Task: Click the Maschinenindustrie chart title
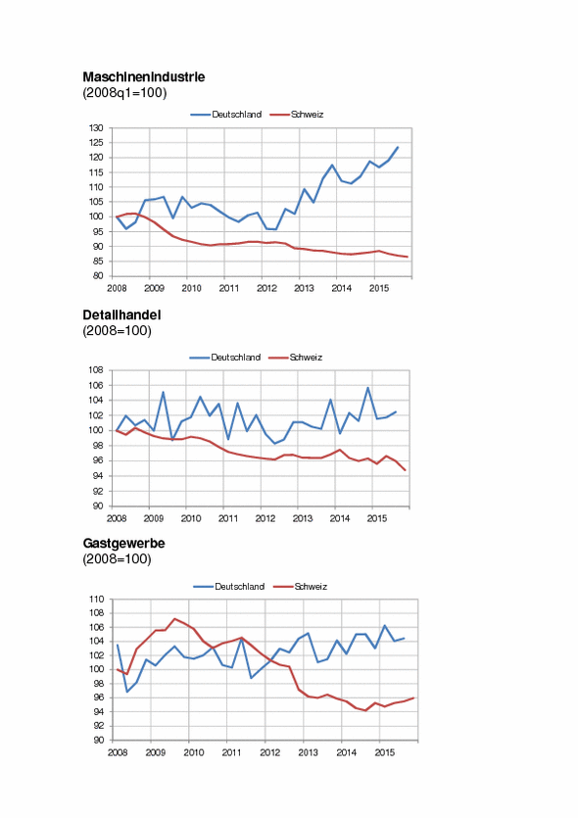coord(143,77)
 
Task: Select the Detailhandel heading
coord(121,315)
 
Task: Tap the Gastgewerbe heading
coord(123,544)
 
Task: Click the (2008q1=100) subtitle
coord(124,93)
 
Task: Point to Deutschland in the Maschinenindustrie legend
coord(237,115)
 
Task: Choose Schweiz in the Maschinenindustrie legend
coord(308,115)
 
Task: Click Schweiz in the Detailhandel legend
coord(306,358)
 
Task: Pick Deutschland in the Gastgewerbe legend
coord(239,587)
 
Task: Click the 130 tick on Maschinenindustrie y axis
coord(98,127)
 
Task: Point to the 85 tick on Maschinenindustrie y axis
coord(98,261)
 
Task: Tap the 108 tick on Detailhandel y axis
coord(97,370)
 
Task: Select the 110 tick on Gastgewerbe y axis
coord(97,600)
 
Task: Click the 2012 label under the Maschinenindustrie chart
coord(266,288)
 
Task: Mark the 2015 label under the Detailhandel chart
coord(377,518)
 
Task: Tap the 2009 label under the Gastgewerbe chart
coord(156,752)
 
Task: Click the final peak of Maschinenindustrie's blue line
coord(398,147)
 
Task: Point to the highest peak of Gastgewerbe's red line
coord(174,619)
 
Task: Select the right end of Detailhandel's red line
coord(406,470)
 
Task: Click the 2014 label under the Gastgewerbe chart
coord(347,752)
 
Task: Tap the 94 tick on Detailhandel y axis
coord(98,476)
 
